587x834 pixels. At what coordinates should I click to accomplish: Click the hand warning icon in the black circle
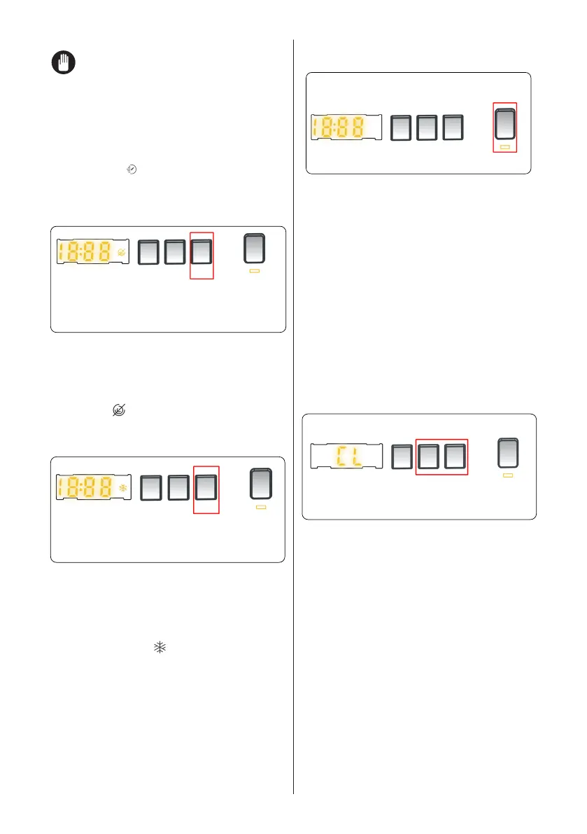(x=64, y=64)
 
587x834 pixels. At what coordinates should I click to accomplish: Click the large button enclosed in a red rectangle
(x=505, y=124)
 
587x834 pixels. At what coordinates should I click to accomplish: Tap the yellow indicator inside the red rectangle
(x=505, y=147)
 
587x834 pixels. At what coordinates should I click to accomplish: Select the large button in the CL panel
(x=509, y=453)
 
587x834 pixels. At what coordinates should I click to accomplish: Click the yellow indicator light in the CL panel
(x=509, y=475)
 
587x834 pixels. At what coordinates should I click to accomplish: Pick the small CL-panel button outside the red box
(x=402, y=457)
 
